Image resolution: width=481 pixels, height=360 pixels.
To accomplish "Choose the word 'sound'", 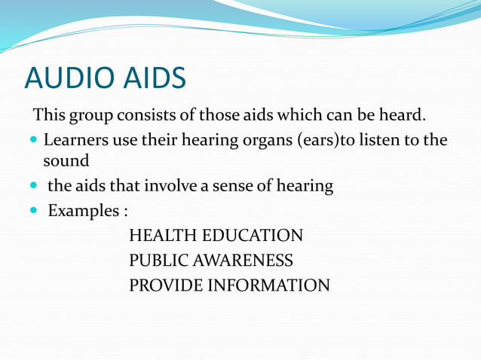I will point(66,161).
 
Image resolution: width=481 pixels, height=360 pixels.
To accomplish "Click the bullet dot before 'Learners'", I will point(33,141).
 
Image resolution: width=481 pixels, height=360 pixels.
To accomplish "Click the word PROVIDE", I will point(165,285).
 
